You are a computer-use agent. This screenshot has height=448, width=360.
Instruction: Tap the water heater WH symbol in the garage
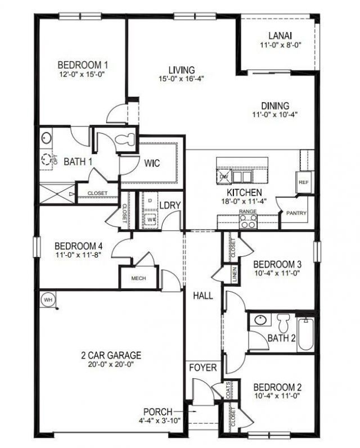[48, 300]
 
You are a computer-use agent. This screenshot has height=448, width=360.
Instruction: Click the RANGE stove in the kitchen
[248, 221]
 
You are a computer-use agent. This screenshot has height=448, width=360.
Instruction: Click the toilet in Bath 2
[283, 323]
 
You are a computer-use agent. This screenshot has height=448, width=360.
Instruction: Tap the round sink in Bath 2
[260, 321]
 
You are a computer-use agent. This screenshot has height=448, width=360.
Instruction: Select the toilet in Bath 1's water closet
[125, 140]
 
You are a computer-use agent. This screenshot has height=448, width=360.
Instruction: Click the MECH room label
[138, 278]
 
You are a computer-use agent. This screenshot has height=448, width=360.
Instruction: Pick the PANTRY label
[296, 214]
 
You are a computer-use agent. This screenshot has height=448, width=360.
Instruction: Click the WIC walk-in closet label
[152, 164]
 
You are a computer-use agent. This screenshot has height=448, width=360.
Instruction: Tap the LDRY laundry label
[170, 205]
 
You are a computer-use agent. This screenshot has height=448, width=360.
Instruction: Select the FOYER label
[202, 368]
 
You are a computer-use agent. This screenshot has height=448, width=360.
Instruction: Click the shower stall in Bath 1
[56, 194]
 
